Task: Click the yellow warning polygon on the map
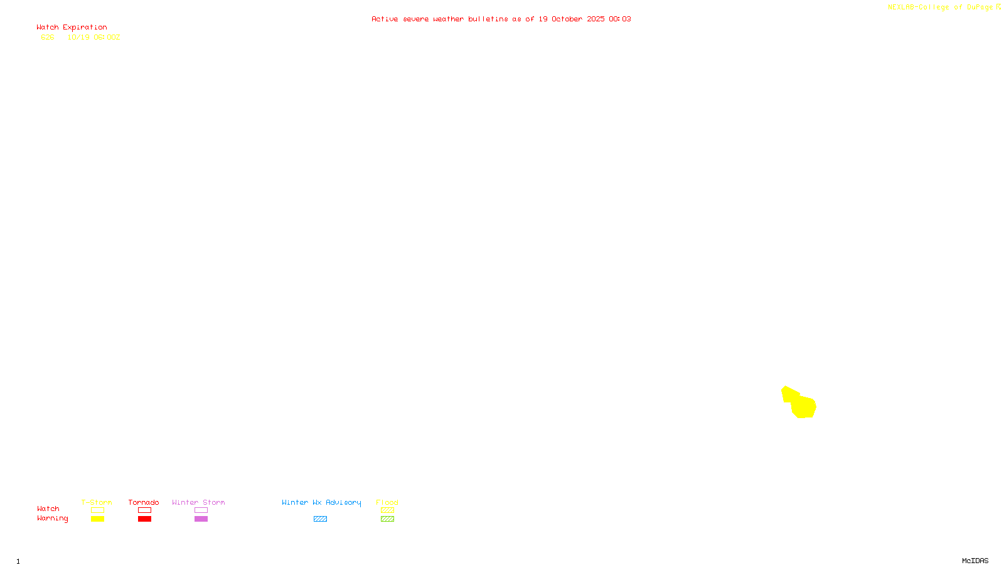[801, 404]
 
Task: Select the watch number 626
[48, 37]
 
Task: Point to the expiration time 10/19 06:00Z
[93, 37]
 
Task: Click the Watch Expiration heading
[72, 28]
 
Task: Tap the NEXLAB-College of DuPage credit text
[941, 8]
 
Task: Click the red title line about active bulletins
[501, 19]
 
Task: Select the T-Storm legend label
[97, 502]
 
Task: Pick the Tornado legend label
[144, 502]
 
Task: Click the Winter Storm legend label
[198, 502]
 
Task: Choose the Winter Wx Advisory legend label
[321, 502]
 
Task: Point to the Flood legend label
[387, 502]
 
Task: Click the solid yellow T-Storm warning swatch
[97, 519]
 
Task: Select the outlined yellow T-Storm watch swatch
[97, 510]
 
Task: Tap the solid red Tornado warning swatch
[144, 519]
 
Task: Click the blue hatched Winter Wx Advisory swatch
[320, 519]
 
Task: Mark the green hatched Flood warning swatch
[387, 519]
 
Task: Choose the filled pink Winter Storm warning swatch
[201, 519]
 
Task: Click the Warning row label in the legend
[52, 519]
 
